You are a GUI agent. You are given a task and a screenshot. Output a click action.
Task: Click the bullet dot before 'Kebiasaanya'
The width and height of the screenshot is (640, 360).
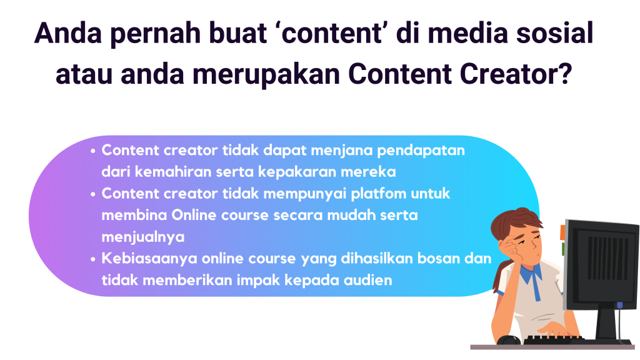(93, 259)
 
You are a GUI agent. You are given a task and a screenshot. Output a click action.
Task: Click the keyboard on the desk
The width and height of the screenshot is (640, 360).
(554, 340)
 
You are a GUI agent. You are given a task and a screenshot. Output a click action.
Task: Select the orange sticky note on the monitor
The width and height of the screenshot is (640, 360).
(562, 232)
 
